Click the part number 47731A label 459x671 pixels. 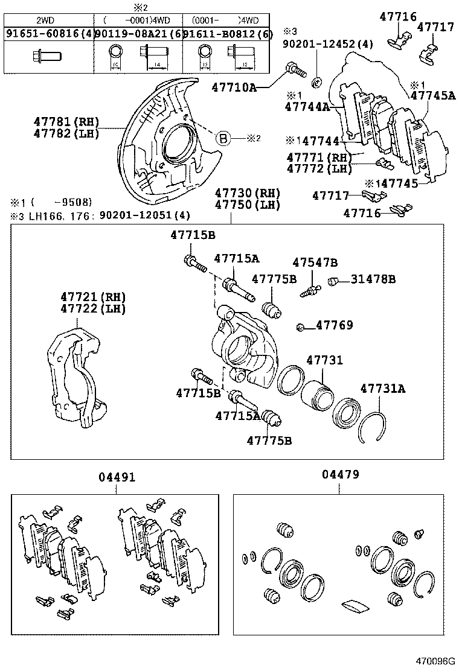click(383, 389)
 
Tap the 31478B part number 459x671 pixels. click(374, 279)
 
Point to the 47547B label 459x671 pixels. click(315, 262)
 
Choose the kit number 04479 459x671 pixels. click(340, 475)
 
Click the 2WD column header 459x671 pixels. click(47, 20)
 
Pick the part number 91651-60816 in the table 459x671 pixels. click(47, 34)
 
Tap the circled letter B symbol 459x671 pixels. click(223, 138)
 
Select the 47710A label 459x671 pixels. click(234, 87)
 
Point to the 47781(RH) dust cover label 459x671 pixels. click(74, 122)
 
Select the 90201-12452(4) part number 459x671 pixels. click(328, 43)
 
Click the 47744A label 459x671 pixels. click(307, 107)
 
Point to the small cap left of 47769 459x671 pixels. click(300, 327)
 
